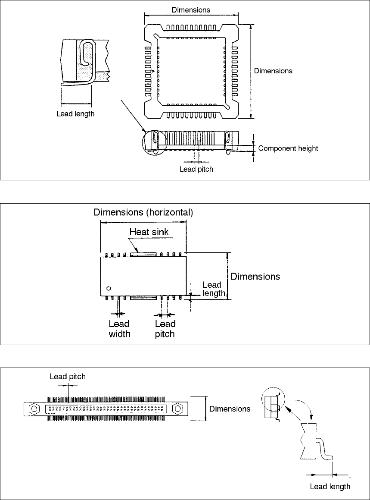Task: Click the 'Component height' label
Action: tap(288, 148)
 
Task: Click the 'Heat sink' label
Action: tap(149, 232)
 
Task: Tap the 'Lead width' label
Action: tap(119, 329)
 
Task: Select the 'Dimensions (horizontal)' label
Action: tap(143, 212)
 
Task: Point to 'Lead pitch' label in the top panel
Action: tap(196, 169)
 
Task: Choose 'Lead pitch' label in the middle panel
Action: tap(165, 329)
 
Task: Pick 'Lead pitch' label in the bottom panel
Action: tap(68, 377)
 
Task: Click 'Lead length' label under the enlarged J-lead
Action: tap(76, 114)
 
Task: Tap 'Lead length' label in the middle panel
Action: tap(212, 289)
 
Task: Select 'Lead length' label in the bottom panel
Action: tap(330, 487)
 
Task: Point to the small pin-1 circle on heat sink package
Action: tap(109, 288)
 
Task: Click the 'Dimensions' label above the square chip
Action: tap(191, 9)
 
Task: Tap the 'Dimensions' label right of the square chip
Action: tap(273, 71)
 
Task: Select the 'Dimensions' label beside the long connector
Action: tap(230, 409)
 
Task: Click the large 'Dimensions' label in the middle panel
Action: tap(255, 276)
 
